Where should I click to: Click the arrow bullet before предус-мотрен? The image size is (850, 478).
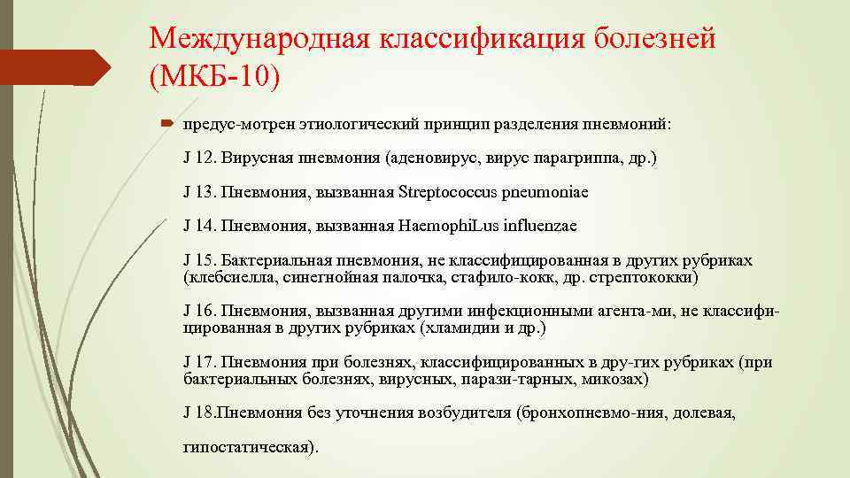pyautogui.click(x=168, y=124)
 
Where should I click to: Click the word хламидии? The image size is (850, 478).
pyautogui.click(x=481, y=328)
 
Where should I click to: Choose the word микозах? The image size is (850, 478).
pyautogui.click(x=617, y=379)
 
